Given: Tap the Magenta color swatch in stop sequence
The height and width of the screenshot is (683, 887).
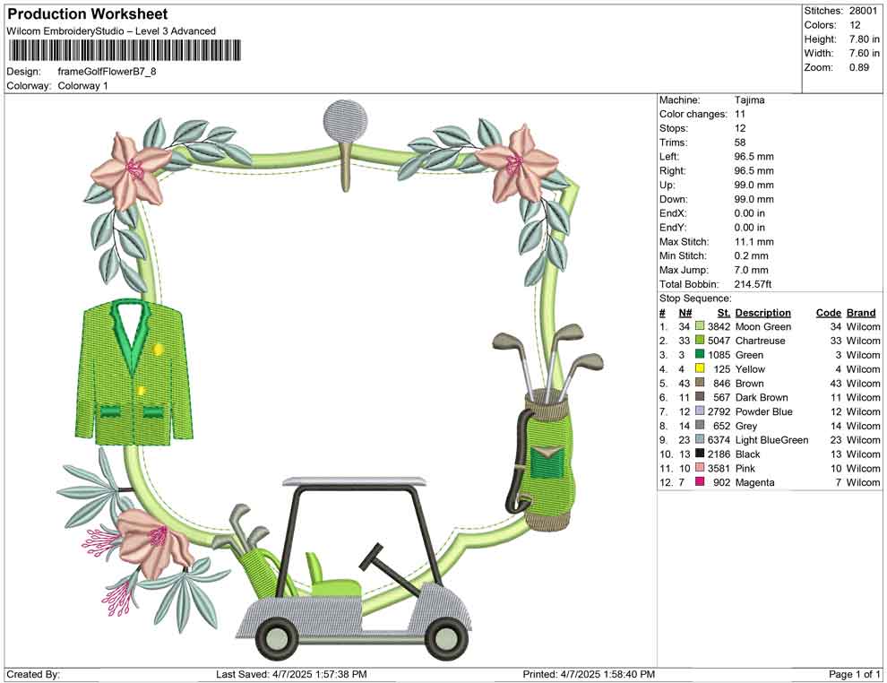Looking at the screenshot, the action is pyautogui.click(x=700, y=483).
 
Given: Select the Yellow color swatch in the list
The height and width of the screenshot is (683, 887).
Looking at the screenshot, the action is pyautogui.click(x=700, y=369).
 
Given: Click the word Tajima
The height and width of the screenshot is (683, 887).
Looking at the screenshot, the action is pyautogui.click(x=750, y=100).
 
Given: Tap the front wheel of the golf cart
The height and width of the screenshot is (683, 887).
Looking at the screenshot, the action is pyautogui.click(x=445, y=637).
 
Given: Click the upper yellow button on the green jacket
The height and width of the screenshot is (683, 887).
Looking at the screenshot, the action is pyautogui.click(x=159, y=349).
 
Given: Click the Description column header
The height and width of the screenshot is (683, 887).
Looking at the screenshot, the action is pyautogui.click(x=762, y=313).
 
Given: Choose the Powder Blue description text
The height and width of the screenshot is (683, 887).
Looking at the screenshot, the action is pyautogui.click(x=763, y=412).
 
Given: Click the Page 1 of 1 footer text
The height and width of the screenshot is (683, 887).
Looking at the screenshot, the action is pyautogui.click(x=854, y=674).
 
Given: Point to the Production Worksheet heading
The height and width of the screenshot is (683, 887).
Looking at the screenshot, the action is pyautogui.click(x=87, y=14).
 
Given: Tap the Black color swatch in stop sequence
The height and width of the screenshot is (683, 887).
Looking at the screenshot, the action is pyautogui.click(x=700, y=454).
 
